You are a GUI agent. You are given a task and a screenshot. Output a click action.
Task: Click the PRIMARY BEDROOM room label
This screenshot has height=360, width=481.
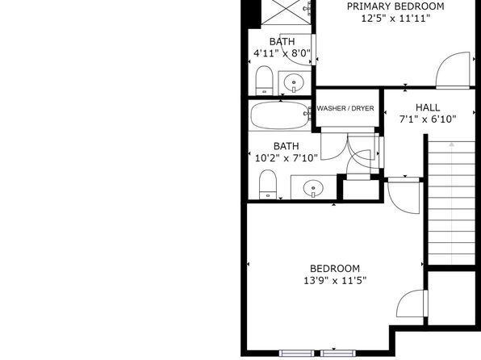(x=395, y=6)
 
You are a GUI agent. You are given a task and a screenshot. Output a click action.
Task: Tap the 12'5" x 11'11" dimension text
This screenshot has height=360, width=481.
(x=395, y=19)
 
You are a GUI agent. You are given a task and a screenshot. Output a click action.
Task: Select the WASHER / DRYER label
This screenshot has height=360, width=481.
(x=345, y=108)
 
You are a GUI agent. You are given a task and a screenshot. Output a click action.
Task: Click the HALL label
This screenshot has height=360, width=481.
(x=428, y=107)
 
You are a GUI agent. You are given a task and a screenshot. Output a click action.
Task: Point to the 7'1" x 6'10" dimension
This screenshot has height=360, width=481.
(x=428, y=119)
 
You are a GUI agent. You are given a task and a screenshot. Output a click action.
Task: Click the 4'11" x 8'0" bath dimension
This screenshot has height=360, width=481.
(x=282, y=53)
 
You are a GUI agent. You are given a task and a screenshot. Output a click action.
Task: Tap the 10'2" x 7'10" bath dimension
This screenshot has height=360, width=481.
(x=287, y=158)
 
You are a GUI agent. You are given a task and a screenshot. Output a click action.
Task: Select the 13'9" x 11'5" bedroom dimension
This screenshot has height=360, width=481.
(x=335, y=281)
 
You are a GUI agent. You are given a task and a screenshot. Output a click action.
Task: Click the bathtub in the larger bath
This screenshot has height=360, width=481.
(x=280, y=115)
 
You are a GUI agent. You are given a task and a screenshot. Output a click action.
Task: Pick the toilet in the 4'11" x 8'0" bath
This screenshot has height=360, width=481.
(x=264, y=80)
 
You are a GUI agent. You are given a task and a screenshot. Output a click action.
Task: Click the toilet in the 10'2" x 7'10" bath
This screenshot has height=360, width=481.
(x=268, y=185)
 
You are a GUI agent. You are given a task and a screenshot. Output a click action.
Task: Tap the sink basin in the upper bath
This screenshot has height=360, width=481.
(x=294, y=83)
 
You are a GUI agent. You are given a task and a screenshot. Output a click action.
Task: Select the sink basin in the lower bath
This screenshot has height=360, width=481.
(x=313, y=188)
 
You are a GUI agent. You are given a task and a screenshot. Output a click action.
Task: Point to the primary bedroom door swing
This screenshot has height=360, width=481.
(x=453, y=70)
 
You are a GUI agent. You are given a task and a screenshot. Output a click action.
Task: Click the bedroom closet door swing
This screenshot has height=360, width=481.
(x=412, y=303)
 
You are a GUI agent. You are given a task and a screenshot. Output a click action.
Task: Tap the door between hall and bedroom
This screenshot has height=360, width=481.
(x=404, y=195)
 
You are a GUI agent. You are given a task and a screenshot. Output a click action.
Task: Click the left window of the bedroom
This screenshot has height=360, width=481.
(x=297, y=353)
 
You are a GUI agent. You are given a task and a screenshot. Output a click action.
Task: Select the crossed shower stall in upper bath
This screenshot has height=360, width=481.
(x=286, y=12)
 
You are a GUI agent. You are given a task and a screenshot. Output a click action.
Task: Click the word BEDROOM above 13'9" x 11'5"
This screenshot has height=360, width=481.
(x=335, y=269)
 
